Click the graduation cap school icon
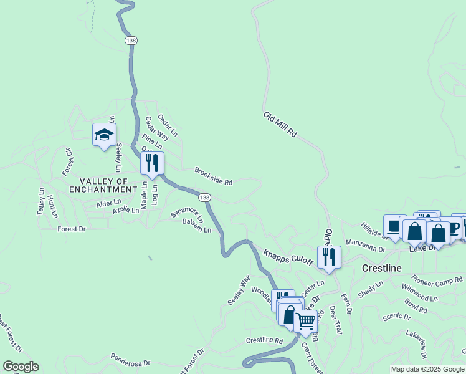[104, 134]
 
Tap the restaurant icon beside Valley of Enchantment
[152, 163]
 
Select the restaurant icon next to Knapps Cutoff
[329, 257]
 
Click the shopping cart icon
[305, 322]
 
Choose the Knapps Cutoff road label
[287, 257]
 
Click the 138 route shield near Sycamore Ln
[206, 198]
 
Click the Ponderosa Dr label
[130, 361]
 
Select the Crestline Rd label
[264, 341]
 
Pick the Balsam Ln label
[197, 225]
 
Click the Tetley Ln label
[41, 201]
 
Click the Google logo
[21, 367]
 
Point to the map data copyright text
[427, 369]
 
